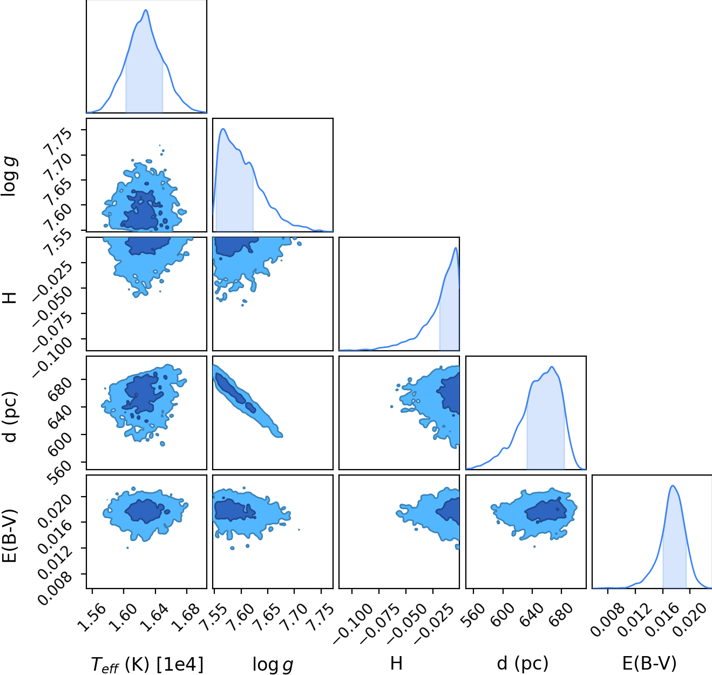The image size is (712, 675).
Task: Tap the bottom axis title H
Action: tap(396, 663)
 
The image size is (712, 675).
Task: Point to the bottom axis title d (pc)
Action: tap(523, 664)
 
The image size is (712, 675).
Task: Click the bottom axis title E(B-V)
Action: tap(649, 664)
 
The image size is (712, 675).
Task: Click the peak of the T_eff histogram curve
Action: tap(146, 10)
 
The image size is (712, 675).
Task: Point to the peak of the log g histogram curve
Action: tap(223, 129)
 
